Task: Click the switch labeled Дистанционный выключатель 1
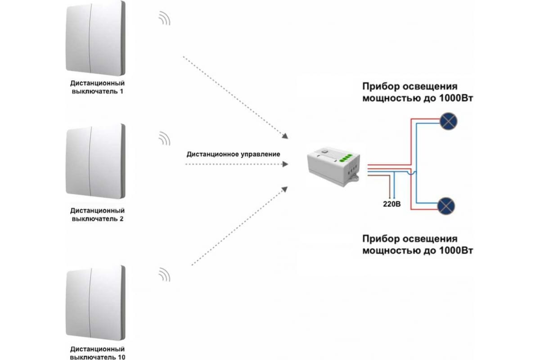tap(95, 38)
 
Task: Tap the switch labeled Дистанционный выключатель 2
tap(95, 161)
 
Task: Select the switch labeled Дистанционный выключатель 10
tap(95, 303)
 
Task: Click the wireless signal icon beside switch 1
tap(164, 18)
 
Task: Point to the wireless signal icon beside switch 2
tap(164, 139)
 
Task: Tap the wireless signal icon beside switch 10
tap(164, 274)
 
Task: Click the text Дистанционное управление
tap(234, 154)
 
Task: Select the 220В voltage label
tap(392, 204)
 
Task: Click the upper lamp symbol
tap(448, 121)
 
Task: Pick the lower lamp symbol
tap(446, 206)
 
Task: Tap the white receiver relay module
tap(333, 166)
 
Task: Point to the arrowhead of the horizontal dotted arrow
tap(285, 164)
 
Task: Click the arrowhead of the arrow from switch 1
tap(285, 136)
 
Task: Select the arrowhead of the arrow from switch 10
tap(285, 189)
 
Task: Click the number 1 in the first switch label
tap(121, 92)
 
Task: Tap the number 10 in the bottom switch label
tap(122, 357)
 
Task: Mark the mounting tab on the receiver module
tap(355, 179)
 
